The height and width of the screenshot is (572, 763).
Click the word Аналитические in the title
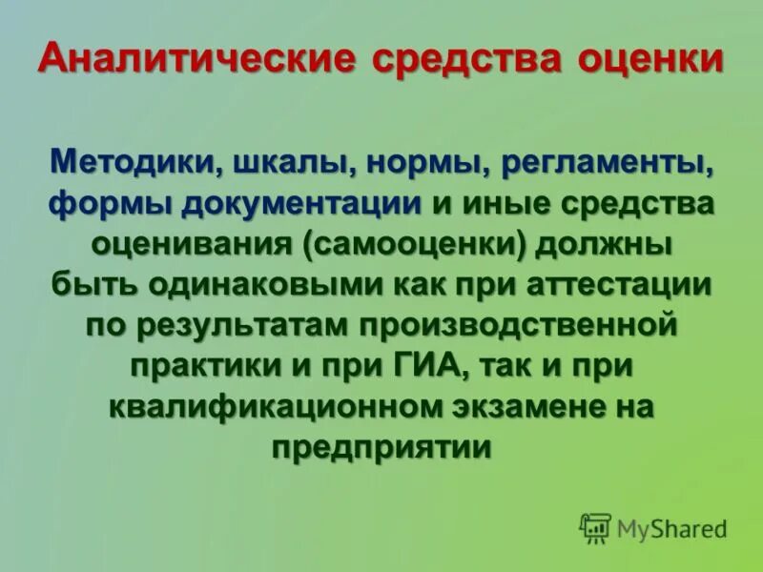pyautogui.click(x=196, y=60)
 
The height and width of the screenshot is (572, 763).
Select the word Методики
pyautogui.click(x=134, y=162)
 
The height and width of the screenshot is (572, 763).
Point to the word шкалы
pyautogui.click(x=285, y=162)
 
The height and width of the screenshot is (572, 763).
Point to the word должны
pyautogui.click(x=603, y=244)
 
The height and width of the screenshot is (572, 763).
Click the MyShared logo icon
pyautogui.click(x=595, y=528)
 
